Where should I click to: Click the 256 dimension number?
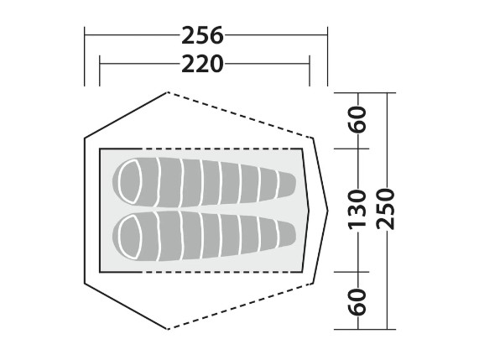coord(202,35)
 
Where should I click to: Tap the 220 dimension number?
coord(202,64)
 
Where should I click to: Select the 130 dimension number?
coord(357,209)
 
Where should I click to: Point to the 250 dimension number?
coord(386,209)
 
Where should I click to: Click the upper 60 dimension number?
coord(357,119)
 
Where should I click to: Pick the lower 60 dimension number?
coord(357,301)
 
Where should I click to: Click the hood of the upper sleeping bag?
coord(130,181)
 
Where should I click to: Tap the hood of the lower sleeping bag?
coord(130,237)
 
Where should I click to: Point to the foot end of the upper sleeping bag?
coord(287,184)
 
